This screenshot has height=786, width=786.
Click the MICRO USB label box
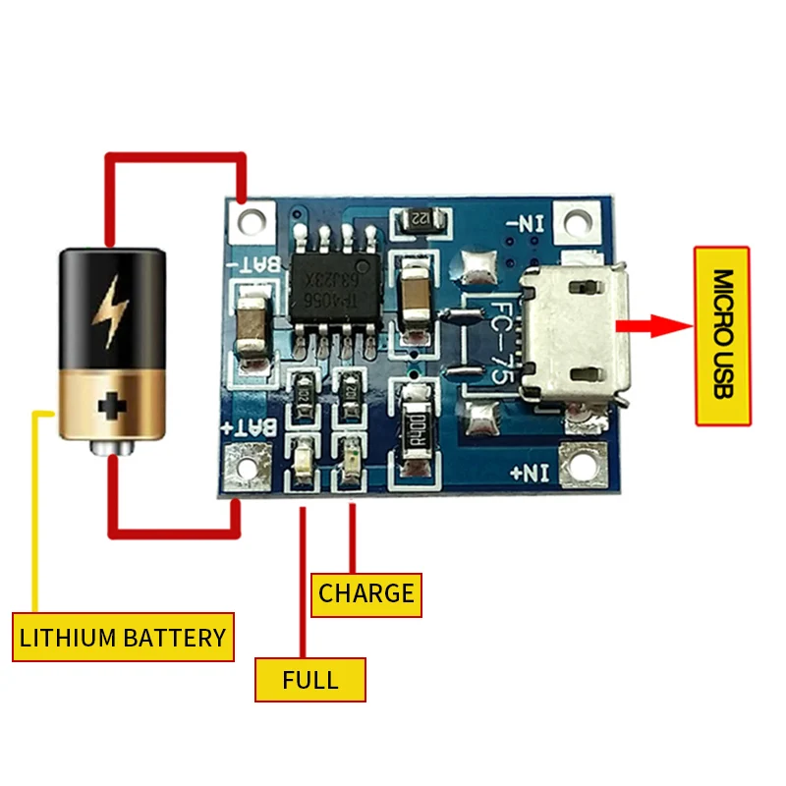(x=722, y=336)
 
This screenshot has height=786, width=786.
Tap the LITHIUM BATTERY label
(x=123, y=638)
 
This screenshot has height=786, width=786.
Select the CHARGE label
(x=366, y=594)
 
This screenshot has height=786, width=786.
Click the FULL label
(x=310, y=679)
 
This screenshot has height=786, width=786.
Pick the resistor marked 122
(x=421, y=219)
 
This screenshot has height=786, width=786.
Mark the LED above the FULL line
(x=304, y=459)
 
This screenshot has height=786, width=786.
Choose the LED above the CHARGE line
(x=353, y=459)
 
